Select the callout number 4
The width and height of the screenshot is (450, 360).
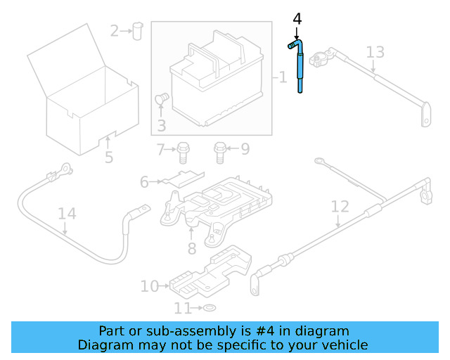point(297,19)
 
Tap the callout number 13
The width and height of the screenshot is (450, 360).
point(375,51)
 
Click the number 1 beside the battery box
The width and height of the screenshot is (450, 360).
point(283,77)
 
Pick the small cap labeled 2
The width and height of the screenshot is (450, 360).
point(137,30)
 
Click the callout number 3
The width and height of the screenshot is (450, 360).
point(161,126)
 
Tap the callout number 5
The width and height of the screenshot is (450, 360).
point(109,157)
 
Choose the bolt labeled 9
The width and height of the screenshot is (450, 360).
point(219,149)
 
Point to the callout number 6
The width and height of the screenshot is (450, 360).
point(144,182)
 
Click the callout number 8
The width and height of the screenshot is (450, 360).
point(191,248)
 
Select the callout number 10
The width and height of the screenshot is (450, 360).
point(150,286)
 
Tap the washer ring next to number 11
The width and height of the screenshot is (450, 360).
point(210,309)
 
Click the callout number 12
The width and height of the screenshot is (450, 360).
point(340,207)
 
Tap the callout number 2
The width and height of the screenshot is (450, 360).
point(115,30)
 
